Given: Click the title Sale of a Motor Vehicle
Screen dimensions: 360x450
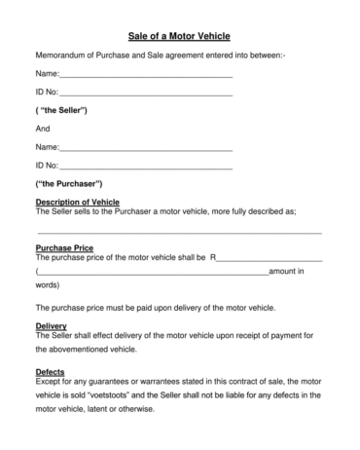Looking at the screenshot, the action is [179, 34].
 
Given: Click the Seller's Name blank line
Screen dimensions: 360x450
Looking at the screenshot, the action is [146, 75].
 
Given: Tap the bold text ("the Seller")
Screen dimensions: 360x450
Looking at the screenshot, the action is [61, 110].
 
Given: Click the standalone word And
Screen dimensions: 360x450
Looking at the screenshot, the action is [43, 129].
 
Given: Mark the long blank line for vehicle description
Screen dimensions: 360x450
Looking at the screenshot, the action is [179, 232].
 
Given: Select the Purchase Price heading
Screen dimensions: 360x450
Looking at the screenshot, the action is [64, 248].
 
